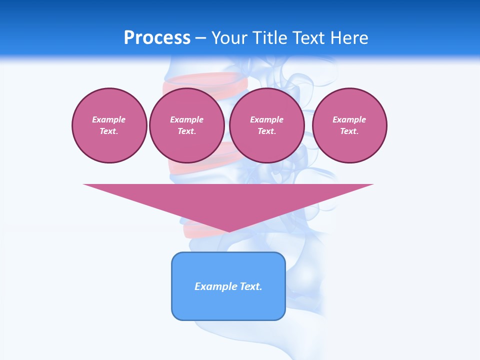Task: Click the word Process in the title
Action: (x=157, y=37)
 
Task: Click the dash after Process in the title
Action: (x=200, y=38)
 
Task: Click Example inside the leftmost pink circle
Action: (x=109, y=119)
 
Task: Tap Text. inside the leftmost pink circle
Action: (x=109, y=131)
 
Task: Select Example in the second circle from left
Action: (x=186, y=119)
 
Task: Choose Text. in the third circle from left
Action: (x=266, y=131)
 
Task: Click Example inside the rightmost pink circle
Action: (x=349, y=119)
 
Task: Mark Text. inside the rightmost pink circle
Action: (x=349, y=131)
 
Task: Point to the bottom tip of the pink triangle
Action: (x=229, y=231)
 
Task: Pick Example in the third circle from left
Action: (x=266, y=119)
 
